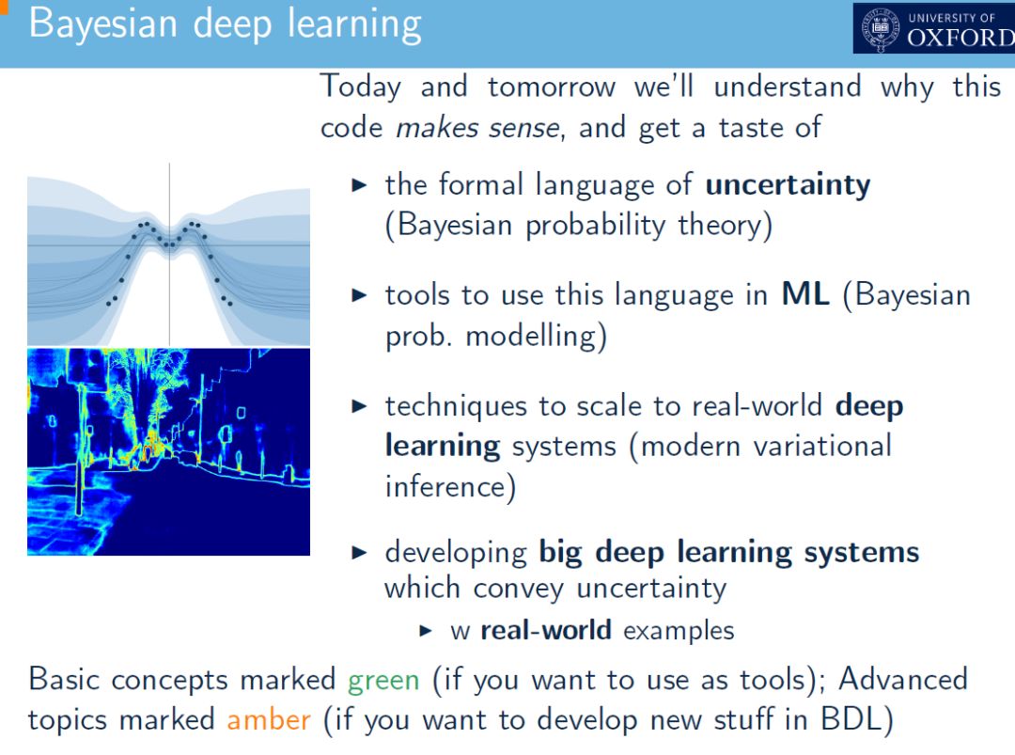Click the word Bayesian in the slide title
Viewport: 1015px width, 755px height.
pos(103,25)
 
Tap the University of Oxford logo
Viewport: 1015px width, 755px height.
pos(933,28)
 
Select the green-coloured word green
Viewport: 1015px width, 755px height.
pos(383,681)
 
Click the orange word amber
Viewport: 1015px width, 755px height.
pos(269,720)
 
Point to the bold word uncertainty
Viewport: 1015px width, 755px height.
pos(788,185)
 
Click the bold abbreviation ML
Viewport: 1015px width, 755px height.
pos(805,294)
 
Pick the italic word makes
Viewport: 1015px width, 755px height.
pos(438,128)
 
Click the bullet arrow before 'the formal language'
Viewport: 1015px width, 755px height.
pos(359,186)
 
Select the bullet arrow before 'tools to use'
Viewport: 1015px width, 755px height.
pos(359,296)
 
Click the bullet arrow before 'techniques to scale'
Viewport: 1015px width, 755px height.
pos(359,406)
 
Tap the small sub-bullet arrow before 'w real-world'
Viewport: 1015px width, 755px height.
pos(426,631)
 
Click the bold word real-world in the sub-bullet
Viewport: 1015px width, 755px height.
pos(546,630)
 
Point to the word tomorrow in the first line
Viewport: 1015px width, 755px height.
pos(552,87)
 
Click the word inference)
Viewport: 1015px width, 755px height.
pos(450,487)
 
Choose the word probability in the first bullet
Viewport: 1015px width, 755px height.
pos(596,226)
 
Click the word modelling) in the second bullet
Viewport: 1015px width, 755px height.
pos(536,337)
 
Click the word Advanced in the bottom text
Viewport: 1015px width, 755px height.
pos(903,680)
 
